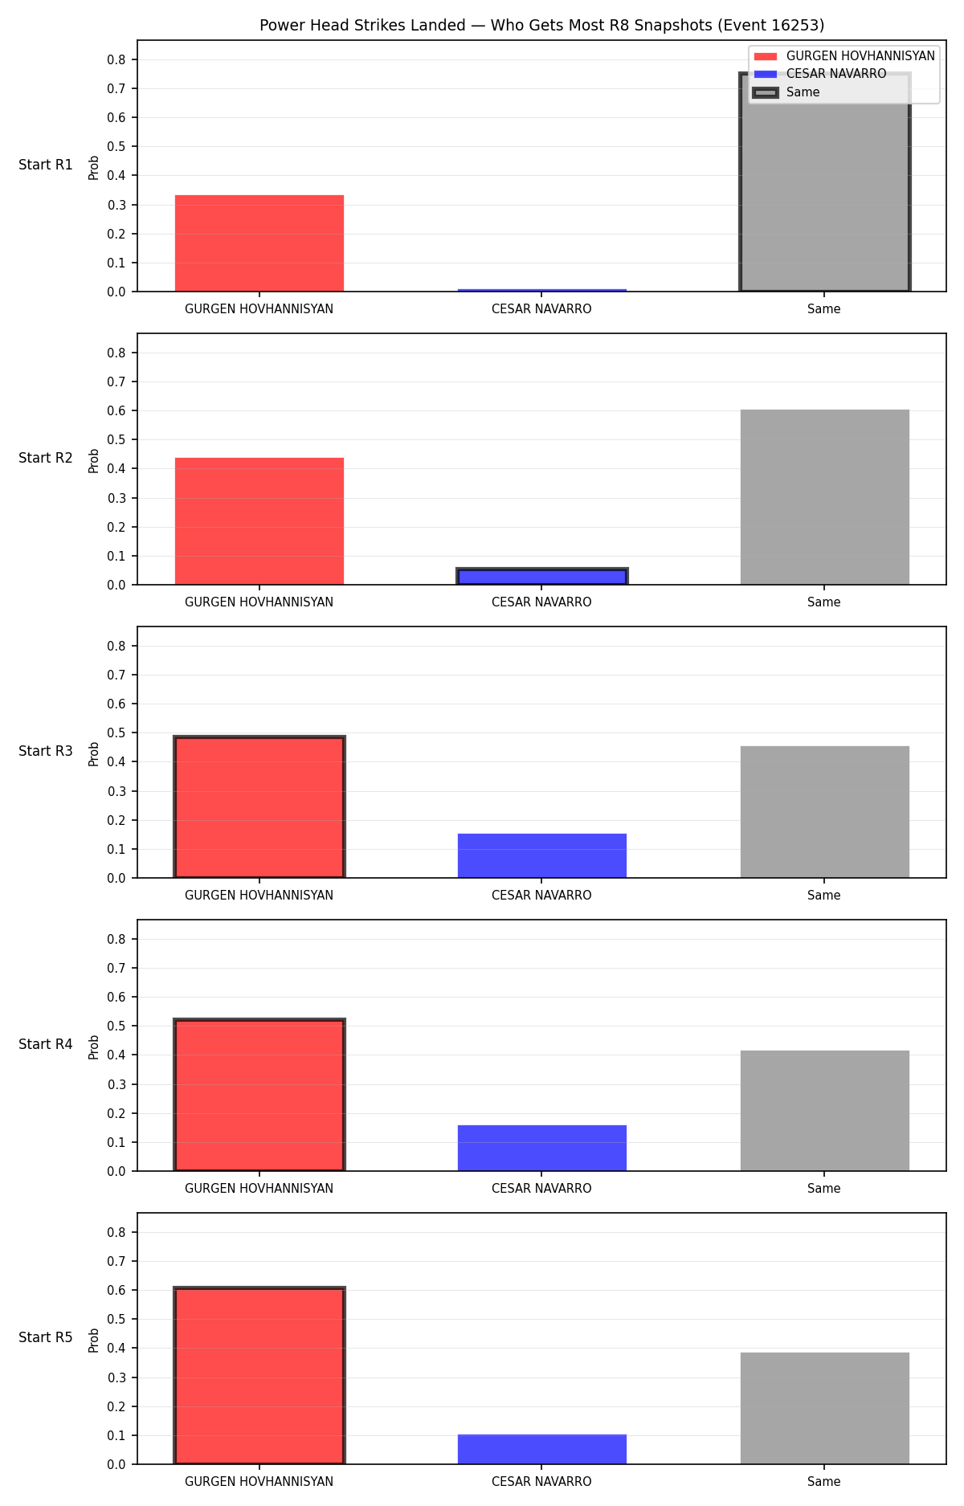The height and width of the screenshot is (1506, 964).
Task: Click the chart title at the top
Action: click(541, 26)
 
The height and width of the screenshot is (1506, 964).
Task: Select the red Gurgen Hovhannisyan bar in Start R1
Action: click(259, 243)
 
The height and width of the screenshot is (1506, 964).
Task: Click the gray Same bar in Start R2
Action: click(825, 497)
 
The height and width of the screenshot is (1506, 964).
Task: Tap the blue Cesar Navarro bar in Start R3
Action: click(542, 855)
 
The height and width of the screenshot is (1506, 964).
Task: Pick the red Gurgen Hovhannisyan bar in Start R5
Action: click(259, 1376)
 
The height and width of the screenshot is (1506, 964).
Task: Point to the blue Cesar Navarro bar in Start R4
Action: click(542, 1148)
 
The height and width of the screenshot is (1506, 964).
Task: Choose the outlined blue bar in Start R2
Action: click(542, 577)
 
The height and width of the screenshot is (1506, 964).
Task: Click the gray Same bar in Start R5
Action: click(825, 1408)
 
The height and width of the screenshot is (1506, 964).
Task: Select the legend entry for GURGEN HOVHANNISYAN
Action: click(844, 56)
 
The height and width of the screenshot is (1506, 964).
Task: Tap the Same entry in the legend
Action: click(786, 92)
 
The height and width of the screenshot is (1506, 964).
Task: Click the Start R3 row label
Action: click(46, 751)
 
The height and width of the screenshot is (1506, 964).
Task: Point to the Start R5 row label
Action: click(46, 1337)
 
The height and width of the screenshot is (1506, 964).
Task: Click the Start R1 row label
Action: click(46, 165)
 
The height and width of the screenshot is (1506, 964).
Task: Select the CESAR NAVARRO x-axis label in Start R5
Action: click(541, 1482)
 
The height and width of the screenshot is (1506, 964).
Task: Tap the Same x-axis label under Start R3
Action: click(824, 896)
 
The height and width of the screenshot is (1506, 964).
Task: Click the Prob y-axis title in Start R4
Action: click(94, 1047)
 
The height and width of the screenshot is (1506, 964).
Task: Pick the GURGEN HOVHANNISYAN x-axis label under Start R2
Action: click(259, 602)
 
